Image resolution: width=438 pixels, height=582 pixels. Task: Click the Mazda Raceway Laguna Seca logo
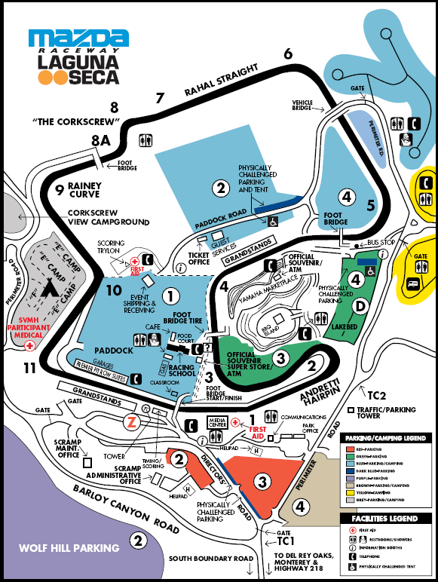coord(76,57)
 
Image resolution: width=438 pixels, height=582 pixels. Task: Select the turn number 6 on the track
coord(288,54)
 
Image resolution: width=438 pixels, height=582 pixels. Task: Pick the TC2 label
coord(375,395)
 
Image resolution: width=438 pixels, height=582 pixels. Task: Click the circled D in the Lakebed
coord(360,305)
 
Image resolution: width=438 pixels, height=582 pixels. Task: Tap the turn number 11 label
coord(29,368)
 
